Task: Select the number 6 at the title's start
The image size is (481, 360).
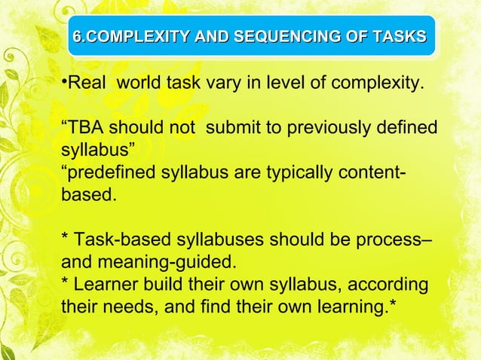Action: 76,35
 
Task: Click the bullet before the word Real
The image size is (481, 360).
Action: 64,81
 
